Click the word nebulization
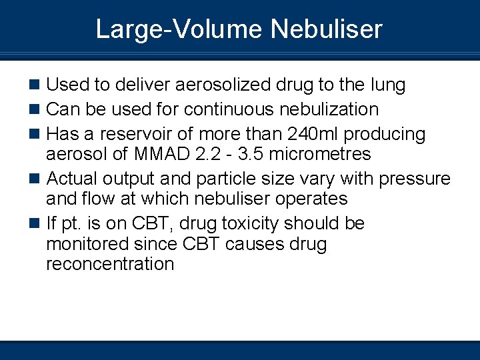[328, 109]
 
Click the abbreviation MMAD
[158, 155]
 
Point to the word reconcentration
[110, 264]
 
